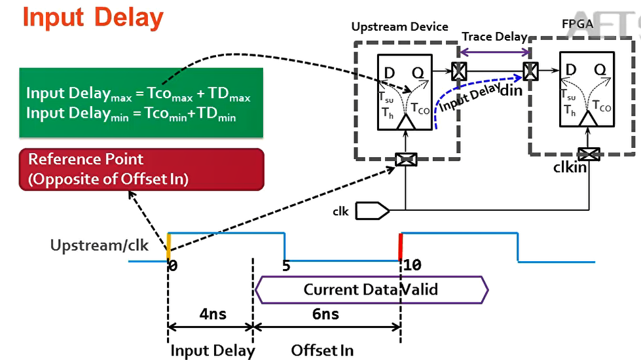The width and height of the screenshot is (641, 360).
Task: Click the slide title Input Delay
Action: [x=93, y=18]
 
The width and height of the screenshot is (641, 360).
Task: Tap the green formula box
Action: [x=141, y=102]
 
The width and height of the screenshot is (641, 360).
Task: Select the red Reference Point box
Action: [x=141, y=169]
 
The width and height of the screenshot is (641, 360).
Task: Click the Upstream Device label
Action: [x=399, y=27]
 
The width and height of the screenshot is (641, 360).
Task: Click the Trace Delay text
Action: [x=494, y=37]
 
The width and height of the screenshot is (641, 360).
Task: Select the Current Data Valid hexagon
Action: [x=371, y=289]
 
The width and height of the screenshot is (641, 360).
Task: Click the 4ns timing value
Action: [x=212, y=314]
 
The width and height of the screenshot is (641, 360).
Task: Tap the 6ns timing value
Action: [x=325, y=314]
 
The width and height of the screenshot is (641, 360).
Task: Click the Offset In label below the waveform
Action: [x=322, y=350]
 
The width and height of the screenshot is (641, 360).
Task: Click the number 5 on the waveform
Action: [x=285, y=266]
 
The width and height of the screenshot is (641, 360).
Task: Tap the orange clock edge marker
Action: [x=168, y=247]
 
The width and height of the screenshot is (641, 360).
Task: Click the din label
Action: [x=511, y=90]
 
